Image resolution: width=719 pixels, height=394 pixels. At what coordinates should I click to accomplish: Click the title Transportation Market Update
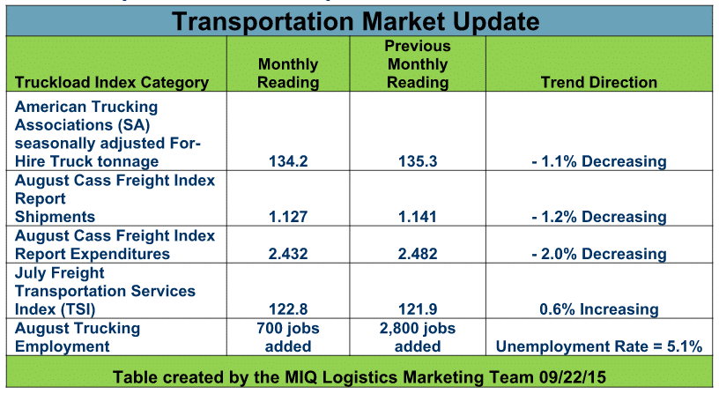(x=355, y=21)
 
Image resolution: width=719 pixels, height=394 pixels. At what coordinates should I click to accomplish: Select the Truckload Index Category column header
(x=112, y=83)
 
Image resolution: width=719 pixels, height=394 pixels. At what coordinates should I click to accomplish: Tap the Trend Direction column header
(x=599, y=82)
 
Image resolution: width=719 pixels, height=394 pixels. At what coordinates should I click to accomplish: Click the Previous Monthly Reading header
(x=418, y=64)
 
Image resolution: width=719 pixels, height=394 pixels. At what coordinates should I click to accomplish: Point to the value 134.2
(x=288, y=161)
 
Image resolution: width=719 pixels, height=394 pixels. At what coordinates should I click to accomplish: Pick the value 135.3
(x=418, y=161)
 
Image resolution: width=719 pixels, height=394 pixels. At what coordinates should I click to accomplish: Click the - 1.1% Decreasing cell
(x=599, y=161)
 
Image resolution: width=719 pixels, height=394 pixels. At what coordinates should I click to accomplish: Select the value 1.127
(x=288, y=217)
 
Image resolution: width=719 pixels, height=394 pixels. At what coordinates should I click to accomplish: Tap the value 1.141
(x=418, y=217)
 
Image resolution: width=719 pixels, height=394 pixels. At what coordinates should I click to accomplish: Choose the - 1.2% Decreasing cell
(x=599, y=217)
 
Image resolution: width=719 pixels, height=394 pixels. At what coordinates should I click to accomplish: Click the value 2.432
(x=288, y=254)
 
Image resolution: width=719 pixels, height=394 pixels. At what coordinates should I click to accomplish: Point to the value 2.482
(x=418, y=254)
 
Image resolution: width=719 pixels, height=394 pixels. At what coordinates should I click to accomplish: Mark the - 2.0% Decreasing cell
(x=599, y=254)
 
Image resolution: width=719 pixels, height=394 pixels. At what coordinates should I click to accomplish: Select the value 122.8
(x=288, y=309)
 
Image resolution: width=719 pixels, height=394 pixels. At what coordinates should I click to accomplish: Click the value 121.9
(x=418, y=309)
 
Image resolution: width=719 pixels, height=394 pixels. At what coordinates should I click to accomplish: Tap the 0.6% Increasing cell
(x=599, y=309)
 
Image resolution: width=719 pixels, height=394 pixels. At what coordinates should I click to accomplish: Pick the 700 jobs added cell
(x=288, y=337)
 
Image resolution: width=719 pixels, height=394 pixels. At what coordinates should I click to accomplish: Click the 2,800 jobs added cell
(x=418, y=337)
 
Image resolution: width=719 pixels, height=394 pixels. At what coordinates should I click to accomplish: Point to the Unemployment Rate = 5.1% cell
(x=599, y=346)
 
